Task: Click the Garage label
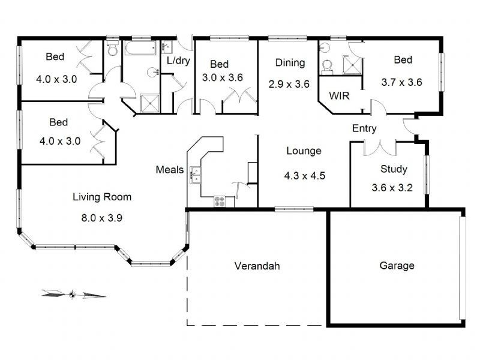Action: click(x=397, y=265)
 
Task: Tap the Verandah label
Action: click(x=257, y=266)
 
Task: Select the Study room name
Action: click(x=394, y=169)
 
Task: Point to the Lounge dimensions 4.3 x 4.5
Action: click(x=305, y=176)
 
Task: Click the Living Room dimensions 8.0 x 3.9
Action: click(x=101, y=218)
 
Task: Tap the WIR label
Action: click(x=339, y=96)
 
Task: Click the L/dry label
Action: click(x=178, y=61)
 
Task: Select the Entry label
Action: click(x=364, y=128)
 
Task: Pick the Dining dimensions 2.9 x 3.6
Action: click(x=289, y=84)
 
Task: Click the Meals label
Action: click(x=170, y=170)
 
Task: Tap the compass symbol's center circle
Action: click(x=72, y=295)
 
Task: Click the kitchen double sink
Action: click(x=195, y=175)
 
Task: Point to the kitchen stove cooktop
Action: click(x=220, y=201)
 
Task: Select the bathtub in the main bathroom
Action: click(x=140, y=49)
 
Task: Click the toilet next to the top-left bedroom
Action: click(x=112, y=48)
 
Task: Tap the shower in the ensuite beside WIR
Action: click(x=352, y=65)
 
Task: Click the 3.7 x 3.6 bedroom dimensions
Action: click(x=401, y=82)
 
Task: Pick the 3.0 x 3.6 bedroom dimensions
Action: click(x=223, y=78)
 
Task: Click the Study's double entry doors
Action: click(x=380, y=149)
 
